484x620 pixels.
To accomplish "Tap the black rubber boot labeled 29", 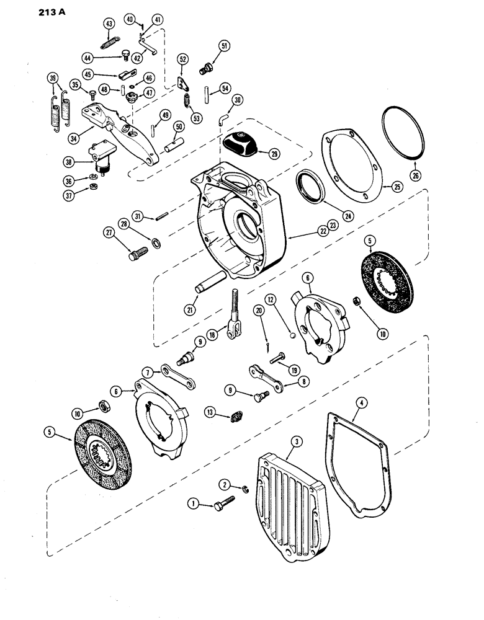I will [246, 141].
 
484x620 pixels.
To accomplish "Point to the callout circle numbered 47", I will [150, 92].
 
